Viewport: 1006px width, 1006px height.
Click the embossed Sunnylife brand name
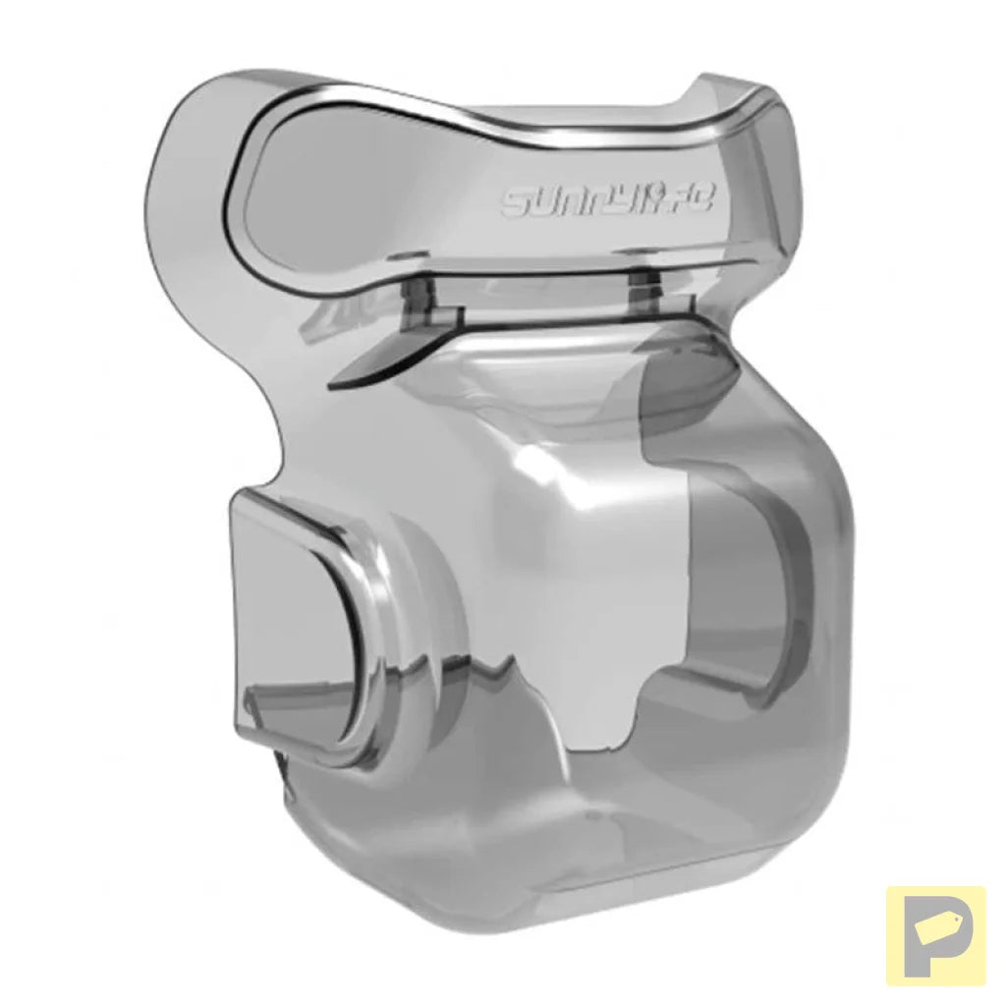[x=610, y=200]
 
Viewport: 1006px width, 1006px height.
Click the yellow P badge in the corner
[x=935, y=935]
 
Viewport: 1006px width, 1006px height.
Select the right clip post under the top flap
[x=643, y=293]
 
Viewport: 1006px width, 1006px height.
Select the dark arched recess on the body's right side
[x=756, y=589]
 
